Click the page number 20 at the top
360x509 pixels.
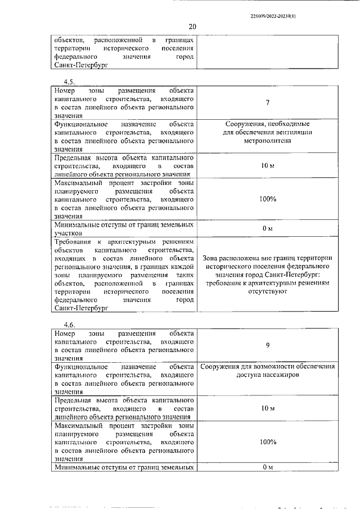[192, 26]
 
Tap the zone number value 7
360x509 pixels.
[267, 103]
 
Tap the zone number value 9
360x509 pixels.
[267, 346]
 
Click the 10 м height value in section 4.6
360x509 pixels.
[267, 407]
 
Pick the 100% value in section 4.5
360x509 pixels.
[267, 199]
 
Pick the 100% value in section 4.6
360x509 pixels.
[267, 442]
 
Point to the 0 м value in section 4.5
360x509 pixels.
[267, 228]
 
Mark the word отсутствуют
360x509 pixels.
[267, 292]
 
